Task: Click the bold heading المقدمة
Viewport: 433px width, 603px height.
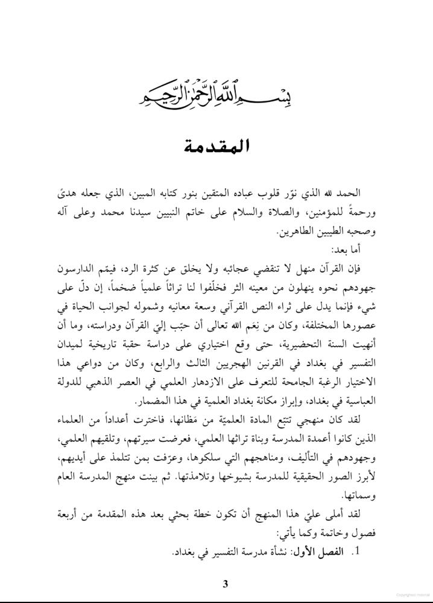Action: point(216,147)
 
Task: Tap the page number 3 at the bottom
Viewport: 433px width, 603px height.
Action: point(225,583)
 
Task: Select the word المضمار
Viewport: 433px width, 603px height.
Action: point(154,402)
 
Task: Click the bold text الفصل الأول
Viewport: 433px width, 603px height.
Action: point(326,552)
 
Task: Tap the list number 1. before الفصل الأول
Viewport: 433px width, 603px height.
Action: point(355,552)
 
